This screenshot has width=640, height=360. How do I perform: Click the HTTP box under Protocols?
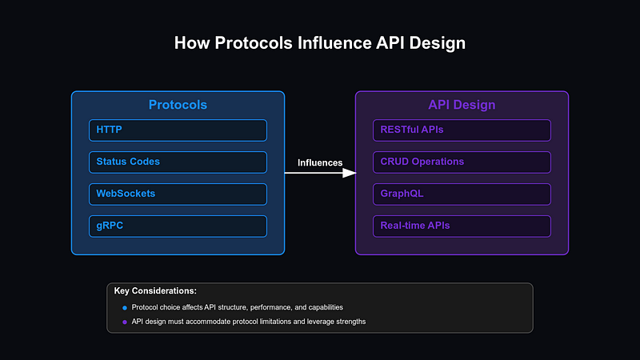point(178,130)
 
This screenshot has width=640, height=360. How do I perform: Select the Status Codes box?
point(178,162)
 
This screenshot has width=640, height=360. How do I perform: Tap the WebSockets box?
point(178,194)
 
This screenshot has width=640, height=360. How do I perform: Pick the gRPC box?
point(178,226)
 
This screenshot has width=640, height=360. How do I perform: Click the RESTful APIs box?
point(462,130)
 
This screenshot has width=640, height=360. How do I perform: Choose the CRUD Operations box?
point(462,162)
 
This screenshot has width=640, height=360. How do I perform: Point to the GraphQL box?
point(462,194)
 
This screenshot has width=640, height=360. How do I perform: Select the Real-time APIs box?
point(462,226)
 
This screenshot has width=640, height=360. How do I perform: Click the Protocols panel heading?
point(178,105)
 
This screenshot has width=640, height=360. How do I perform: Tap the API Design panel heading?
point(462,105)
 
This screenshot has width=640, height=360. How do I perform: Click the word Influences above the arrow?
point(320,162)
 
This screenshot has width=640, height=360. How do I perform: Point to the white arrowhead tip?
point(354,173)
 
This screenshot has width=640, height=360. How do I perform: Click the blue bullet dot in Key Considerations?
point(124,308)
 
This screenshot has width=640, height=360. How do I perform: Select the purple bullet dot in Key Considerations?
point(124,322)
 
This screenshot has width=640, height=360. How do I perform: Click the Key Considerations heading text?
point(155,290)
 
